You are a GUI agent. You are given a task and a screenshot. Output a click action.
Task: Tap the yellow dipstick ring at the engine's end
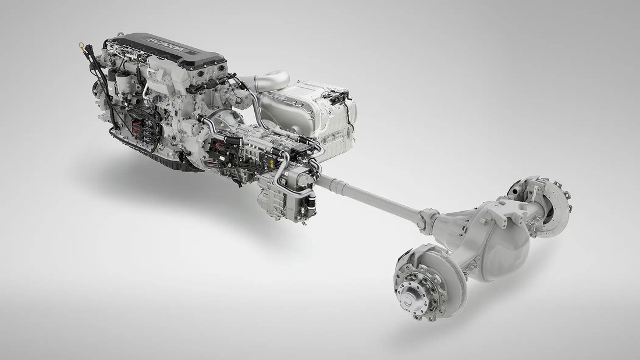(81, 45)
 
